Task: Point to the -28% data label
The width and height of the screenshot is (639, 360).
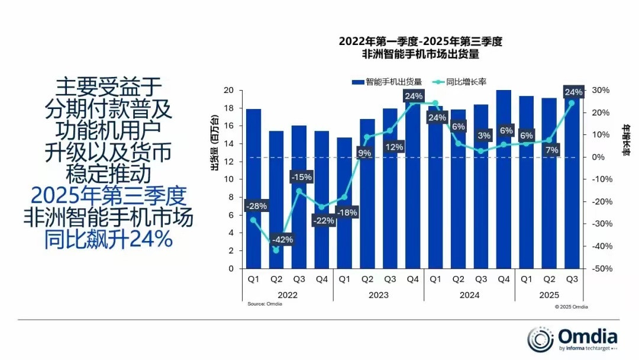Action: (256, 206)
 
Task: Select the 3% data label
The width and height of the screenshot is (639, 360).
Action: (485, 136)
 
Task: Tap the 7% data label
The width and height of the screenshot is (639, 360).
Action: (551, 150)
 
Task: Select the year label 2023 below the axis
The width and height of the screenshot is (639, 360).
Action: (379, 294)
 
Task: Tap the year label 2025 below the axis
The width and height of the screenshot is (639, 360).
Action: (549, 294)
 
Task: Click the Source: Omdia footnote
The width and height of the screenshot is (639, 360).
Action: (264, 304)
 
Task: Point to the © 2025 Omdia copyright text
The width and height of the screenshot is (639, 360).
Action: (571, 307)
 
